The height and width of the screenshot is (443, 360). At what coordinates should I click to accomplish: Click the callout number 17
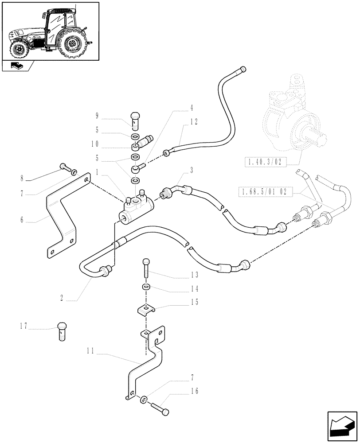pos(23,327)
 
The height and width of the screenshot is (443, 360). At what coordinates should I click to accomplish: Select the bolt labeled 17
pos(63,331)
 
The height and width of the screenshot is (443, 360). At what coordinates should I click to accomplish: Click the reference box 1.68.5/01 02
pos(262,192)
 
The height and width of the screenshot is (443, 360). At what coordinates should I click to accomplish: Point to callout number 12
pos(194,121)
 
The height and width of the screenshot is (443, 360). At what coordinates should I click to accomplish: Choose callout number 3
pos(192,170)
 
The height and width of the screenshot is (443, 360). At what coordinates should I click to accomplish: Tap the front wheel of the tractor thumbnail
pos(19,49)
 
